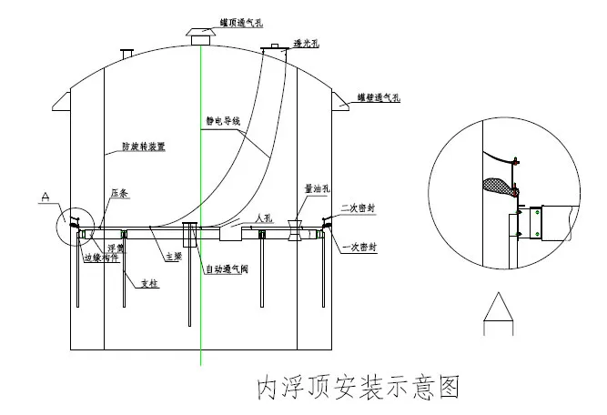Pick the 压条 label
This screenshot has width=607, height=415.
[x=117, y=193]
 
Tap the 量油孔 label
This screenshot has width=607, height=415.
[x=316, y=190]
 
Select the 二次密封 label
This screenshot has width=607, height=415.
[x=358, y=207]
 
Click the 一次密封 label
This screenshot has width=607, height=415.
[x=359, y=247]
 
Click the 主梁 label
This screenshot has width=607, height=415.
[x=172, y=258]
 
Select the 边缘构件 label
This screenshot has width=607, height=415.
[x=99, y=258]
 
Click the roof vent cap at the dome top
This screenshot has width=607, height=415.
[x=199, y=35]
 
